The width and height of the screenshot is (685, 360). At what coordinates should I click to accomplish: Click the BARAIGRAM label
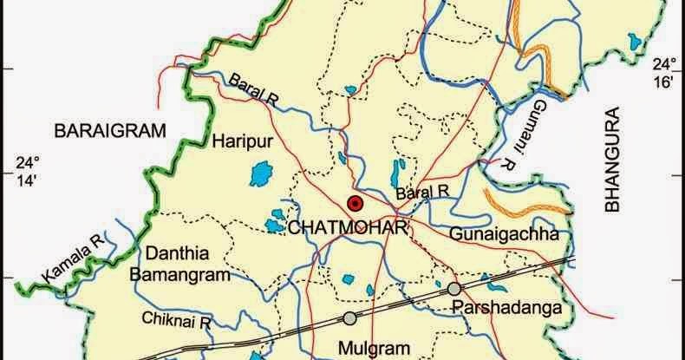109,131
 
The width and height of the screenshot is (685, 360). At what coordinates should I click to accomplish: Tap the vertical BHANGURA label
615,160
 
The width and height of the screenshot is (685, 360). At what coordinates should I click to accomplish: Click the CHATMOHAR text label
346,227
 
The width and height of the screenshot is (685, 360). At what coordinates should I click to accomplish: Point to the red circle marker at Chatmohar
354,204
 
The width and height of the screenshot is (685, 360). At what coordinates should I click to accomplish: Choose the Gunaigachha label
503,234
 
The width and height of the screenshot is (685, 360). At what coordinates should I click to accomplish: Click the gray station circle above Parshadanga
454,288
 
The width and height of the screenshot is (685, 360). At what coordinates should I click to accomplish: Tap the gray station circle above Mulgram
349,317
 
